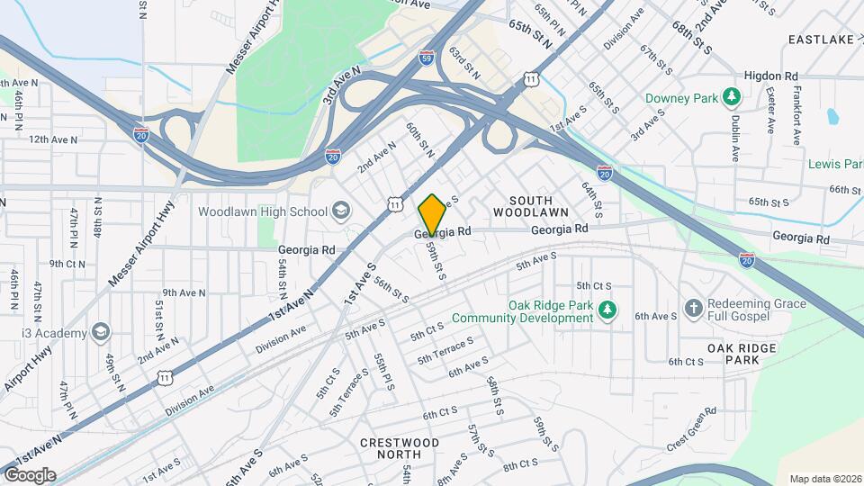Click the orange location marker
pyautogui.click(x=432, y=214)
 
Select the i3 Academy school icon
pyautogui.click(x=99, y=332)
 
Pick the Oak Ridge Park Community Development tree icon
pyautogui.click(x=607, y=310)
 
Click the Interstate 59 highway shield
pyautogui.click(x=427, y=58)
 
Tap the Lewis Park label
pyautogui.click(x=834, y=164)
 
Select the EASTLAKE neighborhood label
pyautogui.click(x=820, y=40)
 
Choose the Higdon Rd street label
pyautogui.click(x=771, y=76)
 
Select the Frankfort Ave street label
pyautogui.click(x=796, y=116)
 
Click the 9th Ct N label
pyautogui.click(x=67, y=264)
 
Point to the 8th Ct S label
pyautogui.click(x=520, y=464)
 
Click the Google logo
pyautogui.click(x=31, y=474)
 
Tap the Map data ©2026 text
pyautogui.click(x=824, y=479)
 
